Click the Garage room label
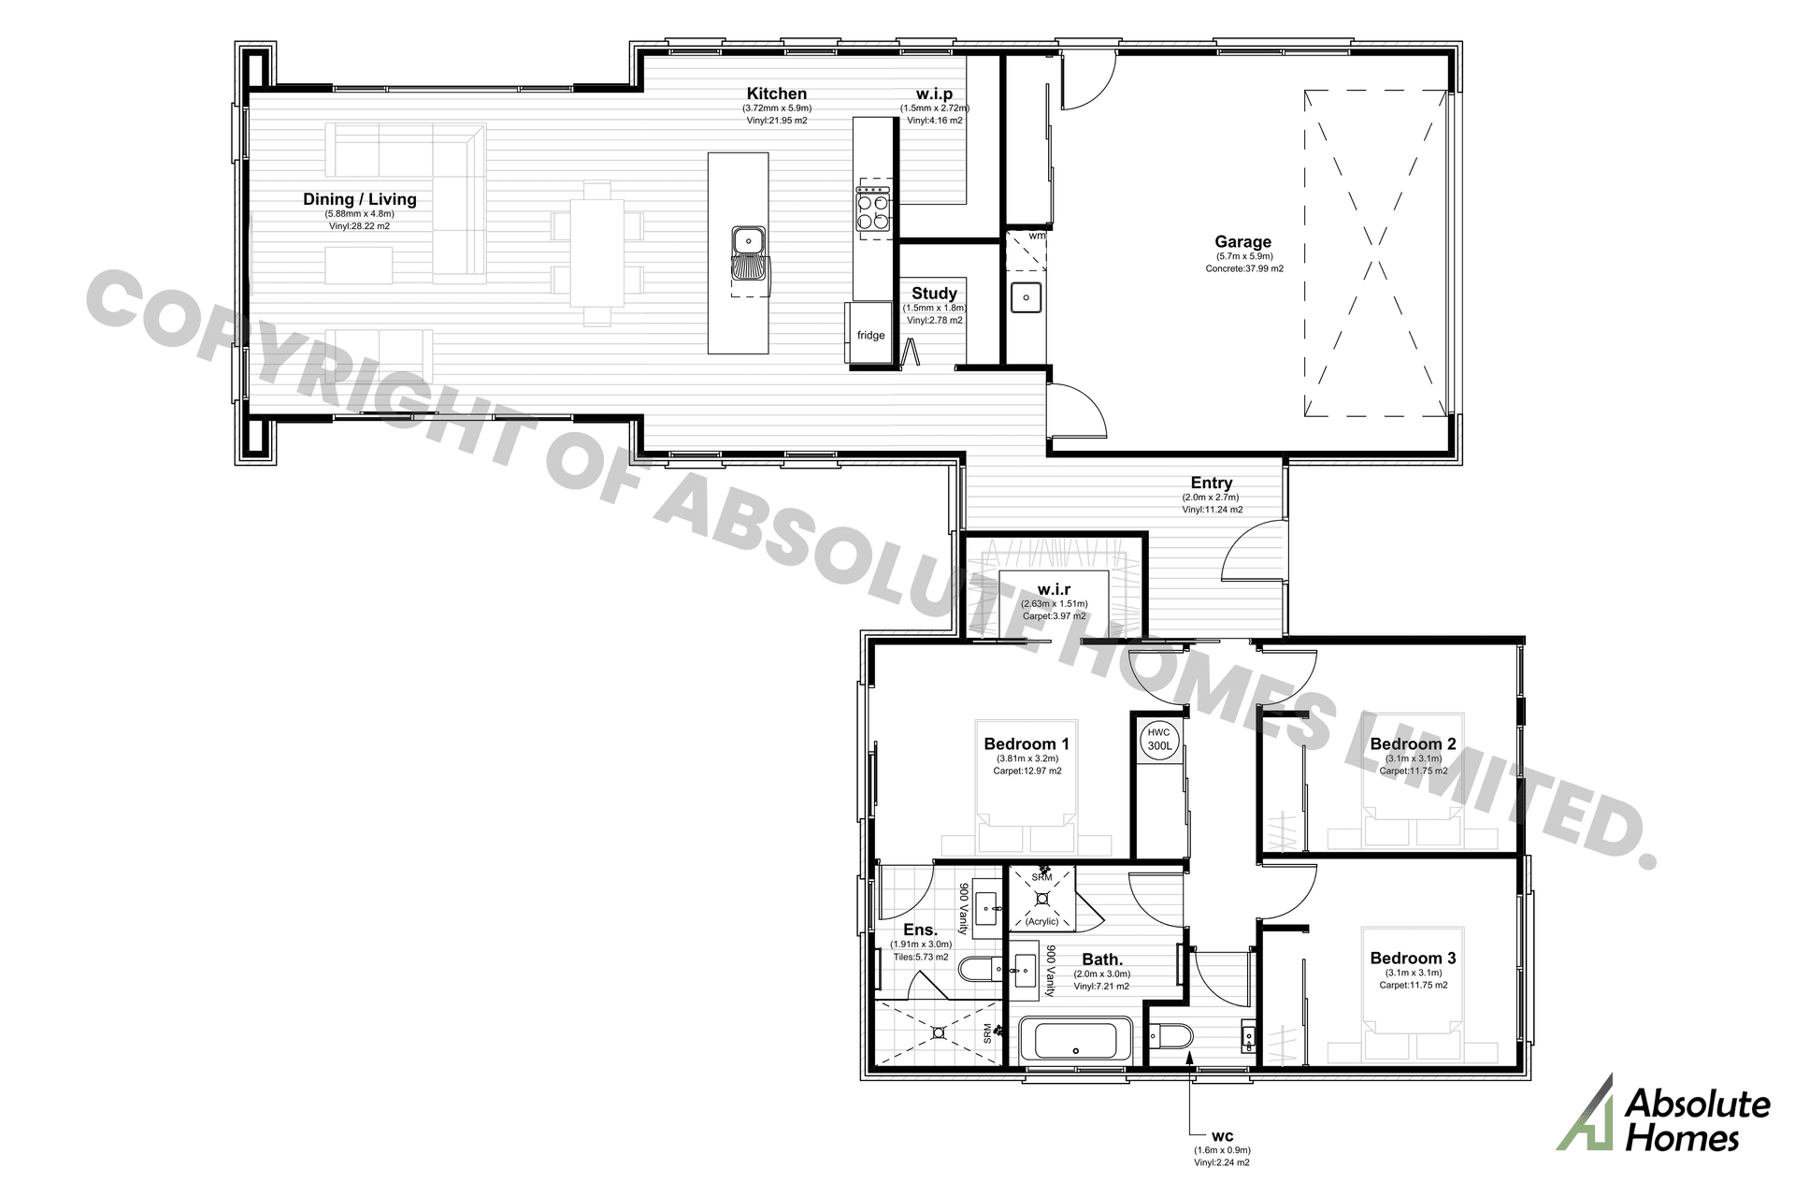click(1242, 242)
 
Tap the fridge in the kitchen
click(870, 333)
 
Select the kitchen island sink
click(749, 253)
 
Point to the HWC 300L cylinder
click(1159, 740)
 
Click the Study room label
click(934, 294)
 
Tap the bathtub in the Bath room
click(1075, 1040)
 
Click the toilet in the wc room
click(1174, 1036)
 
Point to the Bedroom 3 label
click(1413, 959)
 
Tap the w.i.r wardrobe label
click(1054, 590)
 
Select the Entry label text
click(1212, 483)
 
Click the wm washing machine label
click(1036, 236)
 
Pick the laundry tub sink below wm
click(1027, 298)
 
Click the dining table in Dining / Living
click(597, 252)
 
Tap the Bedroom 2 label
click(1413, 744)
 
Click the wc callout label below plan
click(1221, 1138)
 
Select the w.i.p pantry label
click(934, 94)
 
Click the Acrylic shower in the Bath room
click(1041, 900)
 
